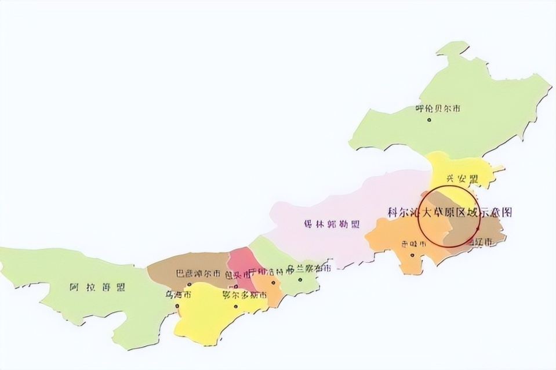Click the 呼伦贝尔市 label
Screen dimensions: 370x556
pos(438,108)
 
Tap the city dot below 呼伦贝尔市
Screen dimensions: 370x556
pos(429,120)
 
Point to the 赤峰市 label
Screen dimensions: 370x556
pos(414,244)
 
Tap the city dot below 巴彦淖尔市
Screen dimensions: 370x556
pos(190,284)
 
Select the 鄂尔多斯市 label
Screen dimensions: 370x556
pos(245,295)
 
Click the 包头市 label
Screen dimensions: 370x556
pos(238,275)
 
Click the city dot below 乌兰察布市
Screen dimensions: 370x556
pos(300,280)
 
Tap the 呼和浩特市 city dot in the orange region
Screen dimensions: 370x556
pos(273,282)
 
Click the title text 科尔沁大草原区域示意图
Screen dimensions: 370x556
pos(450,212)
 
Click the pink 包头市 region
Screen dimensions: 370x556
pos(239,258)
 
